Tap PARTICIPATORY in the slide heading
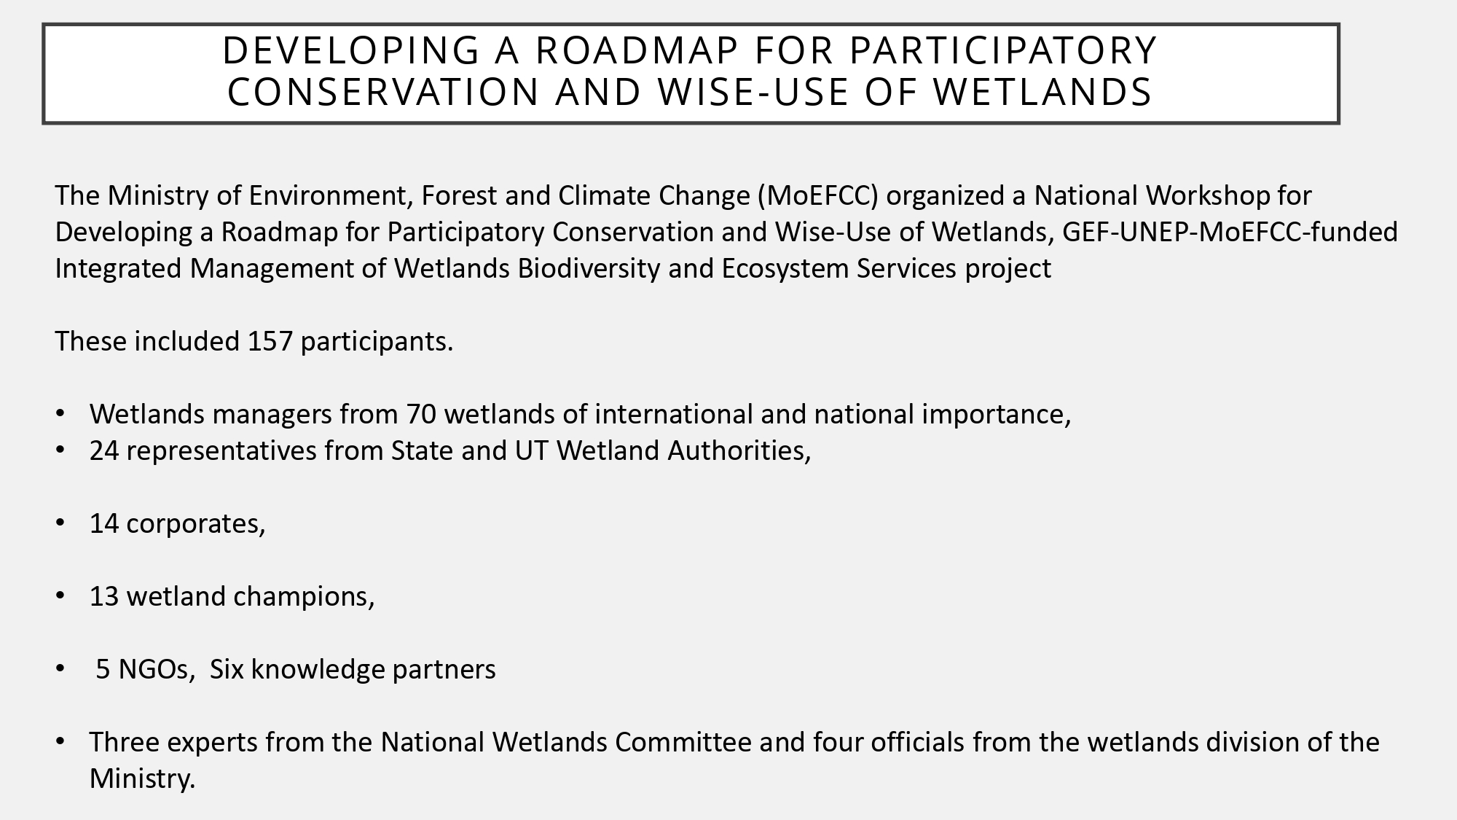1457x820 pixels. [1003, 50]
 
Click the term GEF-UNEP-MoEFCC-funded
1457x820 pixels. [1230, 233]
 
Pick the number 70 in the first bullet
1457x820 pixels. [421, 415]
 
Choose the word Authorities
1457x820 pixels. [739, 451]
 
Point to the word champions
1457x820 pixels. [304, 597]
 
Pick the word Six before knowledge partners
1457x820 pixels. [227, 670]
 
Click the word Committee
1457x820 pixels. [683, 743]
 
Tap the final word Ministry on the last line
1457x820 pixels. [142, 779]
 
